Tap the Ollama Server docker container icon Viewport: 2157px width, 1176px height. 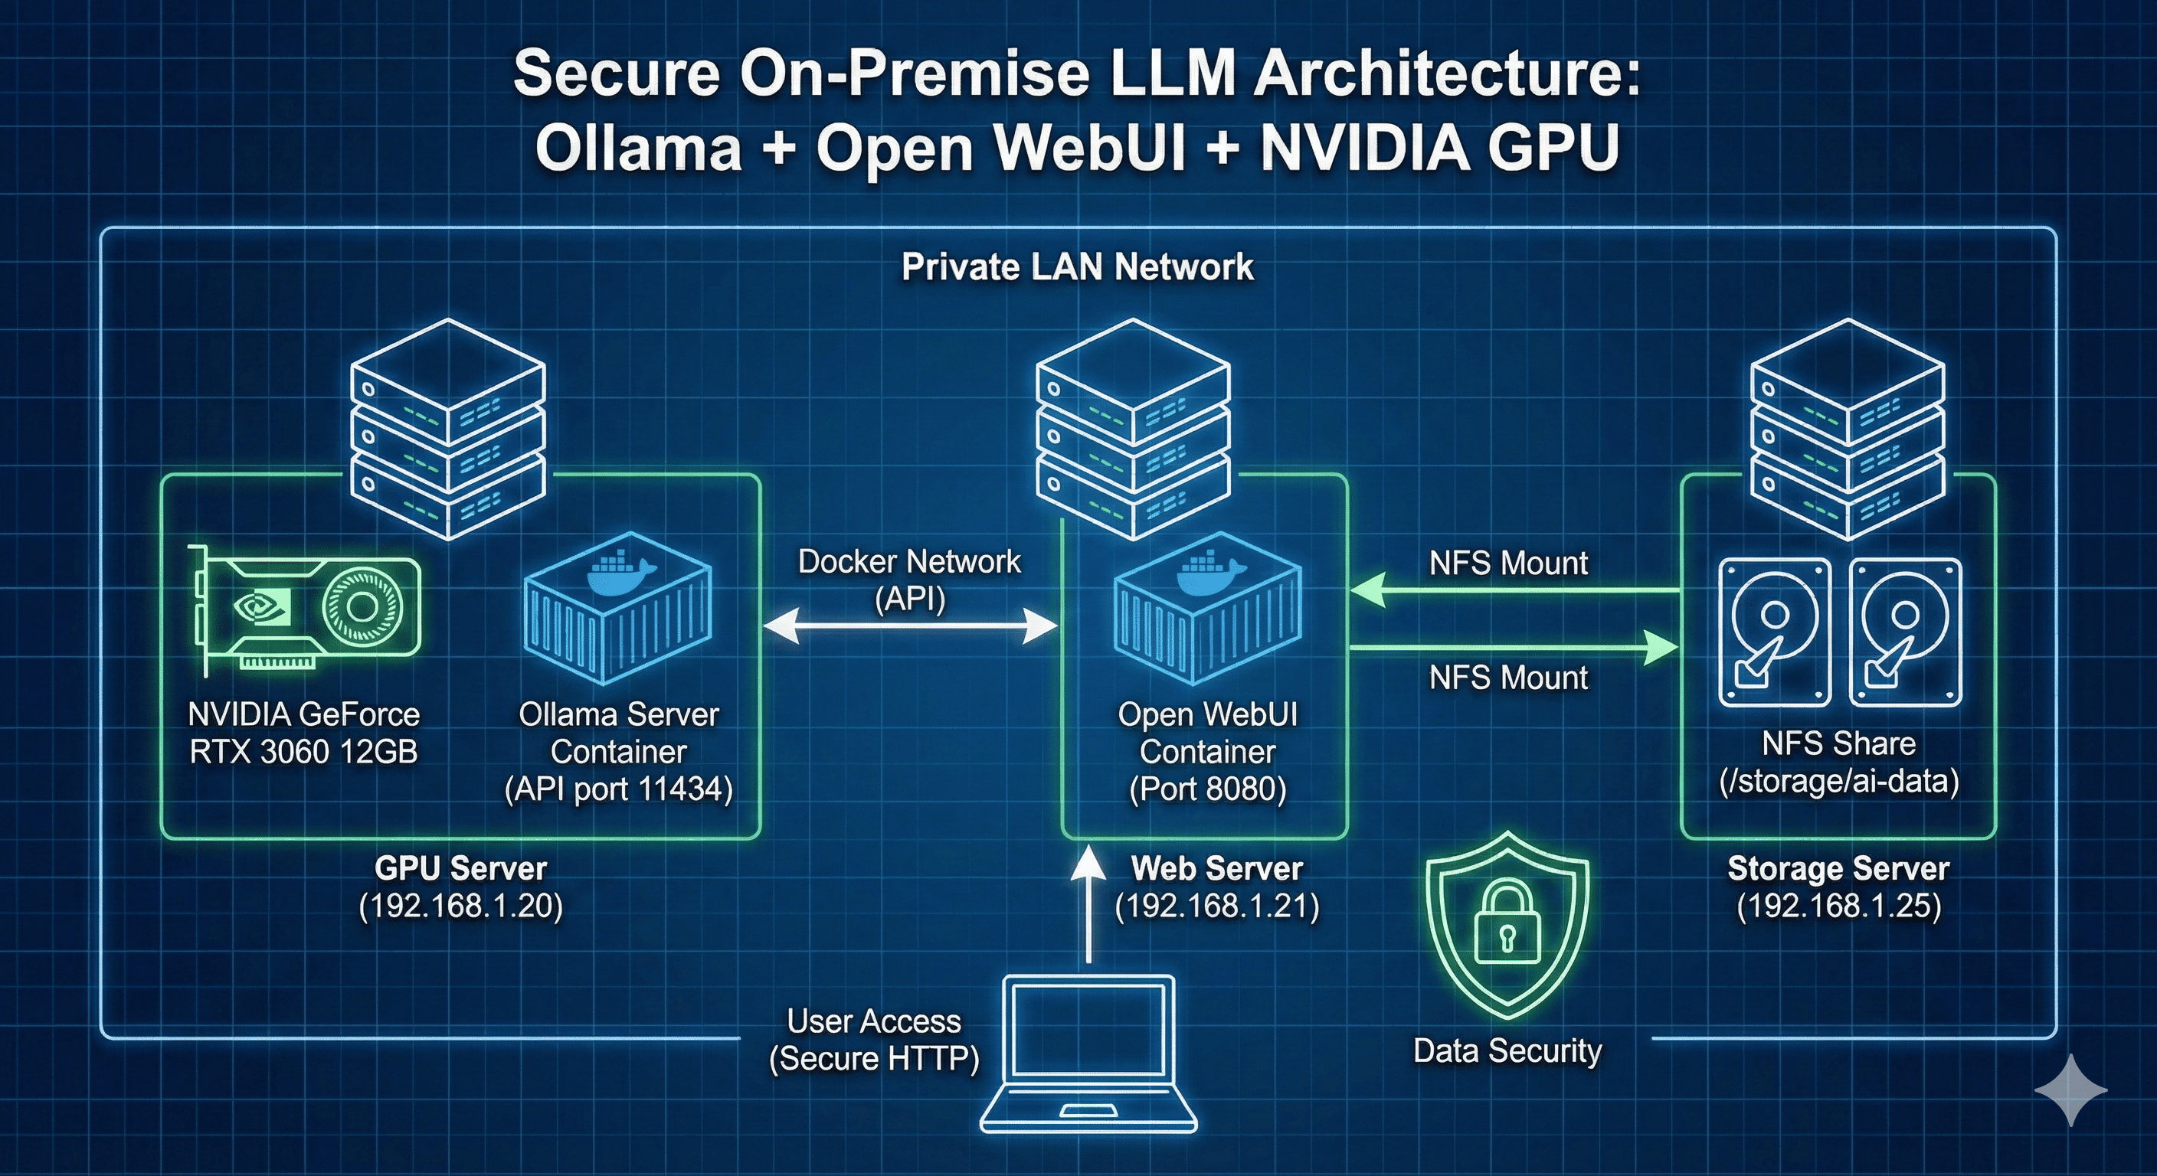[618, 608]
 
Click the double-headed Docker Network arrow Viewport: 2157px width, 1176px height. [910, 626]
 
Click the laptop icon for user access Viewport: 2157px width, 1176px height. [1088, 1054]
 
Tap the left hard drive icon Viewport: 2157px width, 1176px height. [1774, 632]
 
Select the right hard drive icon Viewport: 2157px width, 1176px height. [1905, 632]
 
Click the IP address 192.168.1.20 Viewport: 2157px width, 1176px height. [460, 906]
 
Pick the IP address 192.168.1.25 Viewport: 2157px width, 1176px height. [1839, 906]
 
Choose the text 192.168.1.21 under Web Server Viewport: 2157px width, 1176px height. [1216, 906]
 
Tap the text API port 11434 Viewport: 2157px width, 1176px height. [619, 789]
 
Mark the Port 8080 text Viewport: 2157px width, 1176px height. [1207, 789]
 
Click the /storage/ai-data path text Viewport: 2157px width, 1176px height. [1839, 781]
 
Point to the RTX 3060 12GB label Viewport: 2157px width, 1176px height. [303, 752]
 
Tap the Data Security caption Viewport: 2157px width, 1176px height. [1507, 1051]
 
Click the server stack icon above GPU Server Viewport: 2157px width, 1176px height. [448, 429]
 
